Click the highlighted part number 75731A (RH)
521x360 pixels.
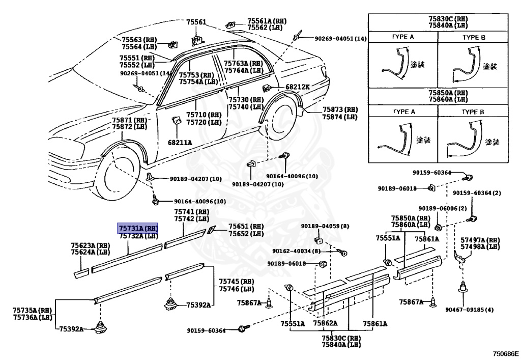pos(138,228)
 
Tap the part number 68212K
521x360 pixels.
pos(297,87)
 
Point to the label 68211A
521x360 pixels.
pos(180,143)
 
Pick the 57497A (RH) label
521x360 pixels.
pos(480,240)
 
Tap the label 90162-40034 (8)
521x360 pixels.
pos(296,251)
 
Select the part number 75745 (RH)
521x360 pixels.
pos(236,281)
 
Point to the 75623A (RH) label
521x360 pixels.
pos(90,245)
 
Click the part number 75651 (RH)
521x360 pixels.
pos(246,226)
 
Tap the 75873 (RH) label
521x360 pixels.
pos(339,109)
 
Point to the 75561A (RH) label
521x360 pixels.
pos(267,21)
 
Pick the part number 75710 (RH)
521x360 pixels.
pos(203,115)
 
